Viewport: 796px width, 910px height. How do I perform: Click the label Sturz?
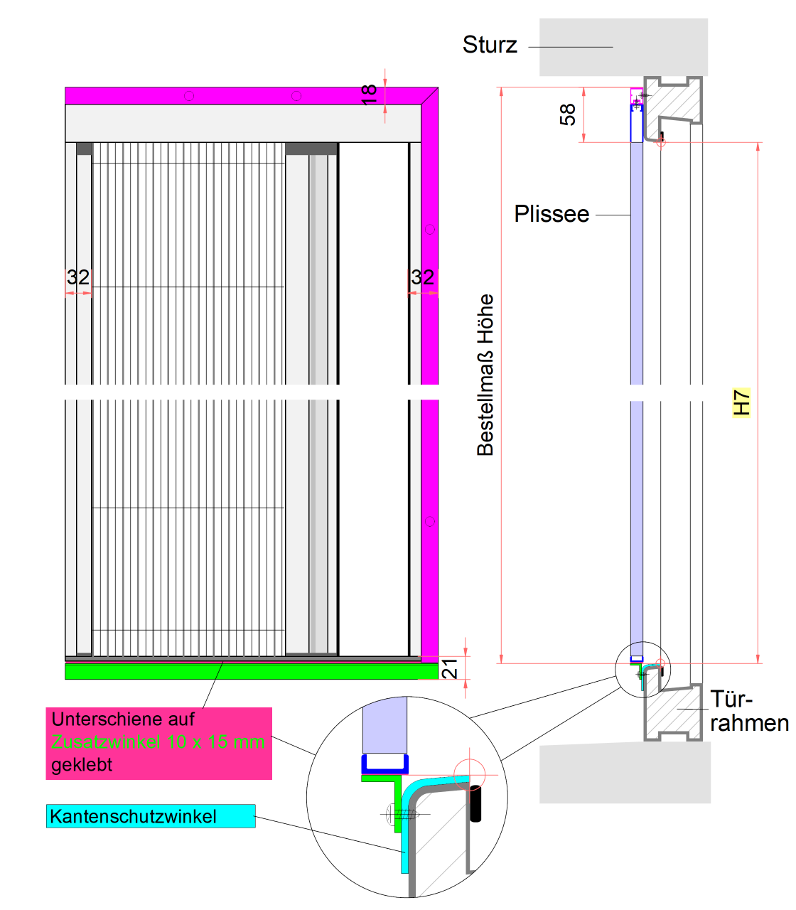click(490, 45)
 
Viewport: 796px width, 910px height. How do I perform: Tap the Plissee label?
click(552, 214)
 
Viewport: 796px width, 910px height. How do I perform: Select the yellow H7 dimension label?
click(741, 402)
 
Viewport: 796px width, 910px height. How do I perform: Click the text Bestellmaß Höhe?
click(485, 375)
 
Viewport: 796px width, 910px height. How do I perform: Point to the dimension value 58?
click(568, 114)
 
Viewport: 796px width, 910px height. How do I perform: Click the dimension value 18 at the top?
click(369, 94)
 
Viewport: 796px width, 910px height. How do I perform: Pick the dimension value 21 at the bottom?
click(450, 669)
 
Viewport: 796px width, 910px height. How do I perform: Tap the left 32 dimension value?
click(78, 277)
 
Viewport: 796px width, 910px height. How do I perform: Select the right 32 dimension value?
click(423, 277)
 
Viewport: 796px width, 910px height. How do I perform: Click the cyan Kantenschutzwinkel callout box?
click(151, 816)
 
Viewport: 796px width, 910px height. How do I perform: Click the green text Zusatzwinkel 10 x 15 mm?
click(158, 742)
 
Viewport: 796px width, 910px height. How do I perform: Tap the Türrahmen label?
click(748, 711)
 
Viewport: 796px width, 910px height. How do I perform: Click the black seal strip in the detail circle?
click(476, 803)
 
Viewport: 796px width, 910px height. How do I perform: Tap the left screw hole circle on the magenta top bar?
click(189, 95)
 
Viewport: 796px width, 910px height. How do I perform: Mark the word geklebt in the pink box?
click(82, 765)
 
